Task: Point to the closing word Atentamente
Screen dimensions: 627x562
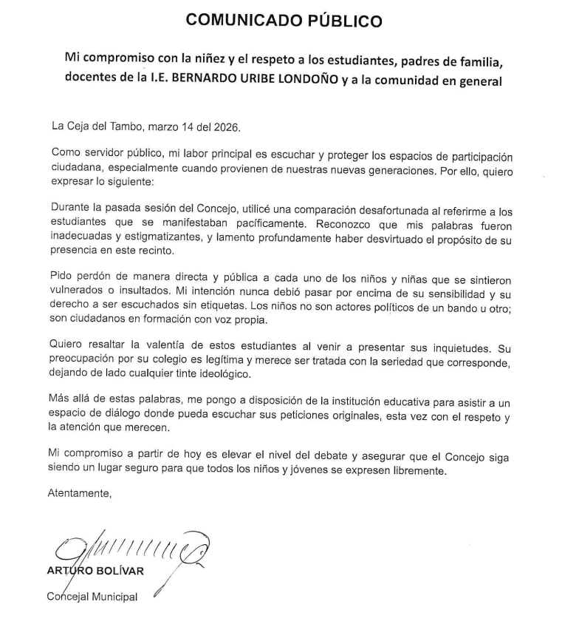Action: (80, 493)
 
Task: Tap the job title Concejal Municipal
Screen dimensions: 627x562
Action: (93, 597)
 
